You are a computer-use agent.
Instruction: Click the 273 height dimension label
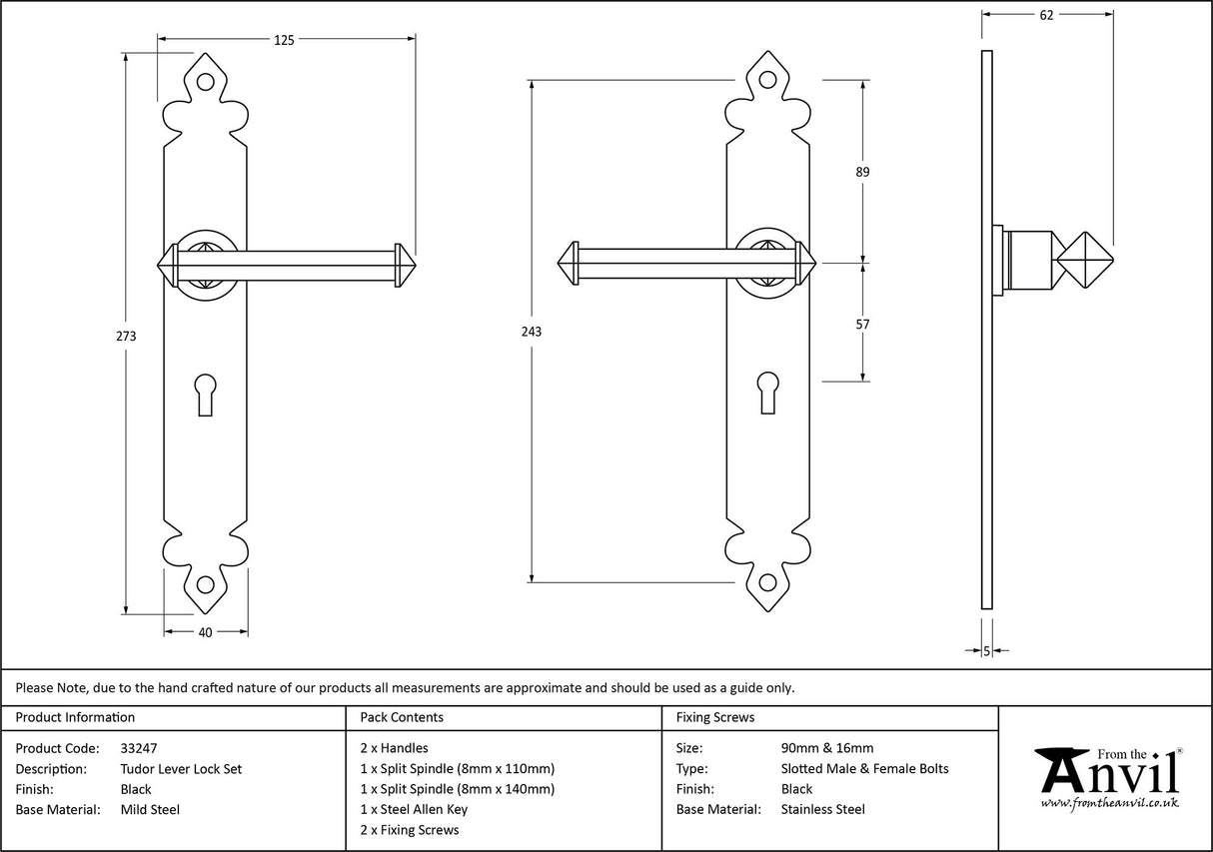coord(126,336)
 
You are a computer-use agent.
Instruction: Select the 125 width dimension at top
coord(284,40)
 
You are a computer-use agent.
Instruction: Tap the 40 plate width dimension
coord(206,631)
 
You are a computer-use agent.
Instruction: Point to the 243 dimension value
coord(532,332)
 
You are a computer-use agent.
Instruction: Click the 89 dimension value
coord(862,172)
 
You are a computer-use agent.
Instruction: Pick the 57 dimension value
coord(862,325)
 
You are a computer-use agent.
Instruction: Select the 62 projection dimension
coord(1046,15)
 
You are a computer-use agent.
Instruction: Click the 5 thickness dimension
coord(987,651)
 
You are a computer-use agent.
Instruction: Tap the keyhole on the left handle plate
coord(207,393)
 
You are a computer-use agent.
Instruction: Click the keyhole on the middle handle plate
coord(767,393)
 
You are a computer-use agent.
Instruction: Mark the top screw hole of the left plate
coord(207,84)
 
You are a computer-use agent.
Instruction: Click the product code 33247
coord(138,748)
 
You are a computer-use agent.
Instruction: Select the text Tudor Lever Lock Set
coord(181,769)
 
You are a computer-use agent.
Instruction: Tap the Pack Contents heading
coord(402,717)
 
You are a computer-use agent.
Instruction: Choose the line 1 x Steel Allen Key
coord(414,810)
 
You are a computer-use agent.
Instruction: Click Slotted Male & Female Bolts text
coord(864,769)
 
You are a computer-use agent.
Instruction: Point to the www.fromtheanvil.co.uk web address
coord(1109,802)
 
